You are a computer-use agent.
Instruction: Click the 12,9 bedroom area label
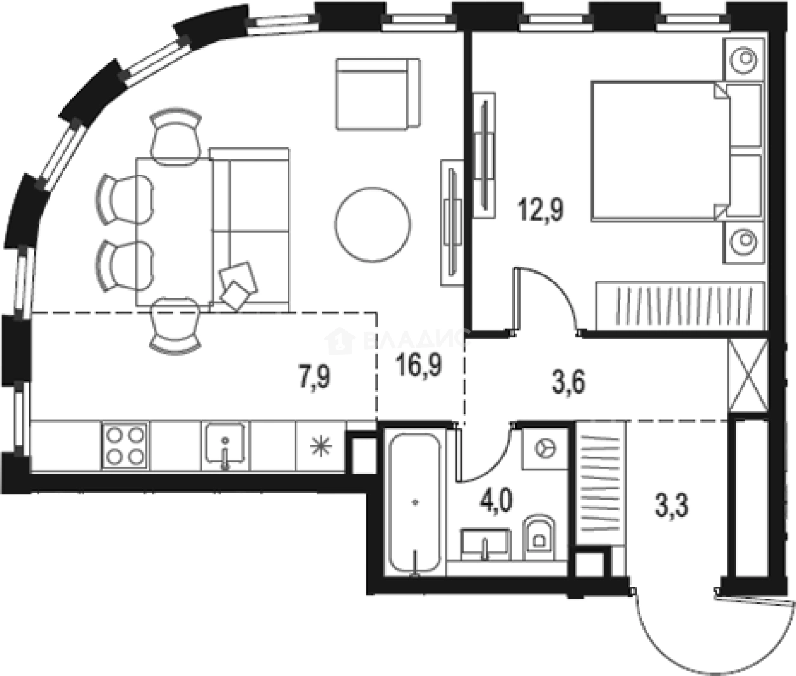tap(540, 209)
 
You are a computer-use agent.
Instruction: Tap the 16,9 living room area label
tap(418, 366)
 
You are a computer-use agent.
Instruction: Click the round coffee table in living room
tap(373, 224)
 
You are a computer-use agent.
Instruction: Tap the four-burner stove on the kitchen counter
tap(124, 446)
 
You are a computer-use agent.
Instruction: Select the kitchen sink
tap(225, 446)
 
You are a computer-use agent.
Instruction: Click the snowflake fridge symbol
tap(320, 447)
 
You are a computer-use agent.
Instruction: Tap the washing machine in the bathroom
tap(545, 448)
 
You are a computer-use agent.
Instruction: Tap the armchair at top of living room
tap(378, 94)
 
